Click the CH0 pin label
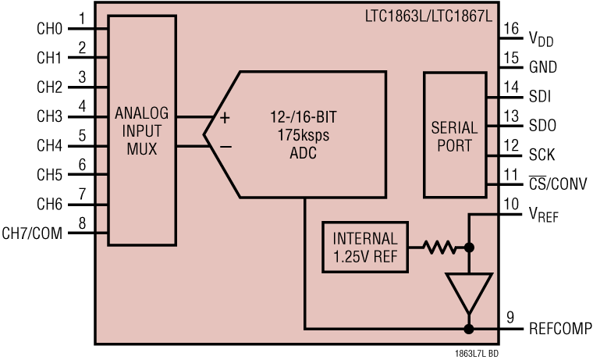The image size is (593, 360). tap(48, 29)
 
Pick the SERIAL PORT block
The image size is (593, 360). tap(453, 134)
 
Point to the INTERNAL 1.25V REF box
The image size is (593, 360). tap(365, 247)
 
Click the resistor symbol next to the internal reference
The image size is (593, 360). tap(439, 248)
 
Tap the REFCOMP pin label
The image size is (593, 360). tap(559, 328)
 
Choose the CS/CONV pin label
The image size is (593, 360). tap(557, 184)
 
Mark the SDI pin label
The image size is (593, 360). tap(539, 97)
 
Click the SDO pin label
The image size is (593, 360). tap(542, 126)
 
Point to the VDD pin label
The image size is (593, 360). tap(541, 38)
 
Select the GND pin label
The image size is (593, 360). tap(542, 67)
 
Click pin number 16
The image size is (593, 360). tap(510, 29)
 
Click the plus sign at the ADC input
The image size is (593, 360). tap(225, 119)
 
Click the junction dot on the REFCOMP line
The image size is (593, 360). tap(469, 329)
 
